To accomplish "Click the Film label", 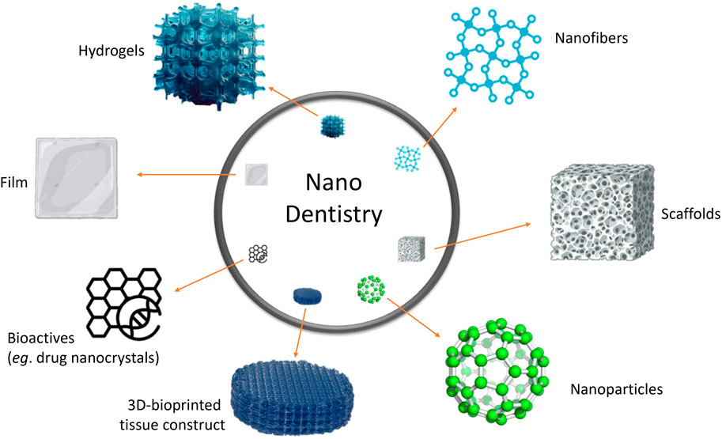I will click(15, 184).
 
